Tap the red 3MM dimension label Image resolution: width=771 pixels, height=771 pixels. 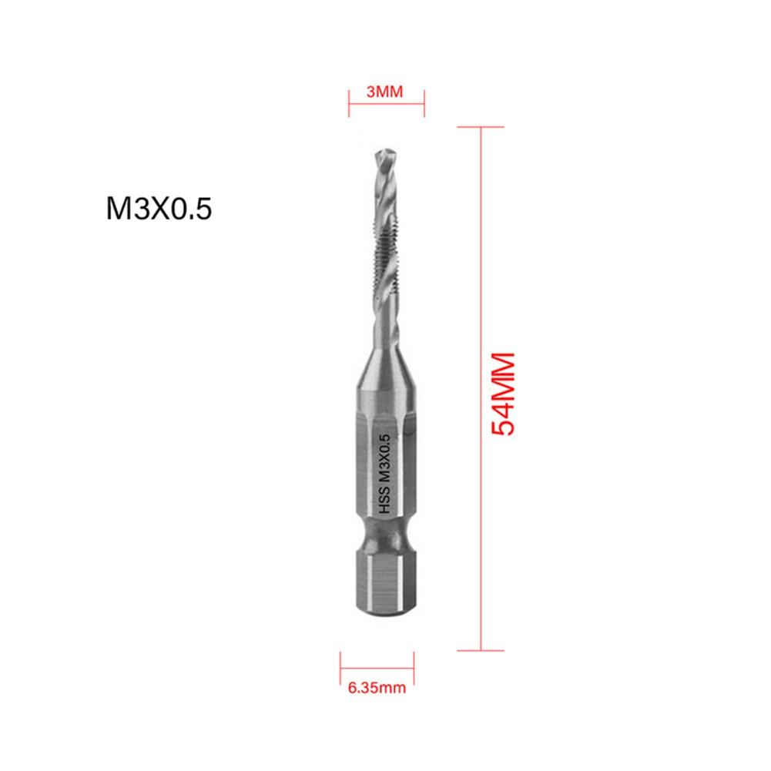tap(385, 92)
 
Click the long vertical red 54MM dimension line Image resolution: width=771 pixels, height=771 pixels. tap(481, 385)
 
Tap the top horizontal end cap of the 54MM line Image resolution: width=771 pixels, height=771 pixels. tap(481, 127)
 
